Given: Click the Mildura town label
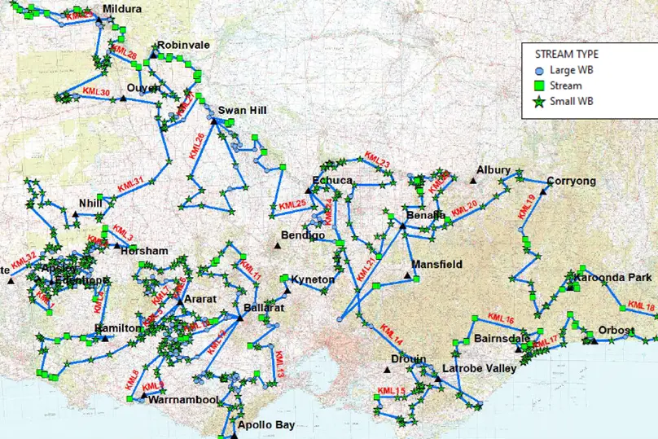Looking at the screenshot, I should pos(122,9).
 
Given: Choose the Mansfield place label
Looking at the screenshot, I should pos(436,265).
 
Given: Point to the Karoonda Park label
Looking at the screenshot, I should pos(615,278).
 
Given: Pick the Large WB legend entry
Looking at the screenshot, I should pos(571,70).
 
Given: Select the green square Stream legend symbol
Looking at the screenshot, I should pos(538,86).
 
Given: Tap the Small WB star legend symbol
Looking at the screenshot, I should pos(538,101).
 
